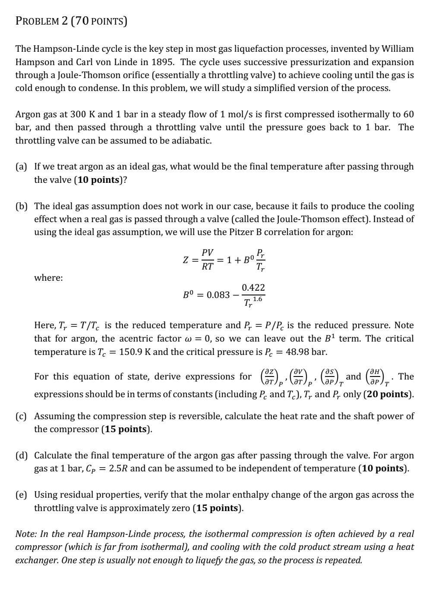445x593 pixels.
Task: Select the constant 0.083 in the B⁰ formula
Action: point(218,295)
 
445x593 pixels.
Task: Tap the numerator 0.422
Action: point(253,288)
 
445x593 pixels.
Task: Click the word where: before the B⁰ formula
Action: point(48,278)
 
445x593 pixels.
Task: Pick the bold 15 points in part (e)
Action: point(217,508)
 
